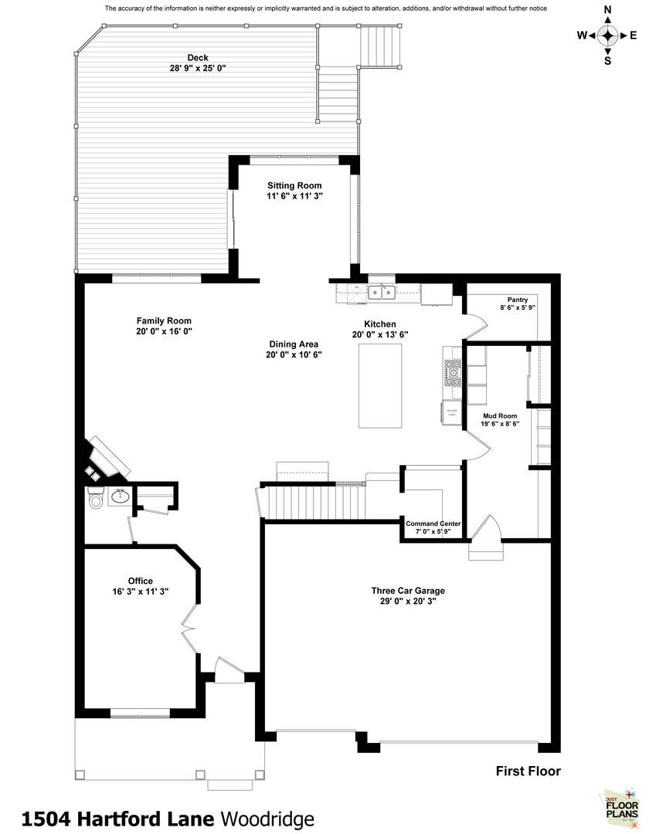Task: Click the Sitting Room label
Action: pos(294,185)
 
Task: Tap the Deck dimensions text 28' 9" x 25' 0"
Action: pos(197,68)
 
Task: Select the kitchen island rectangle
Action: pos(380,386)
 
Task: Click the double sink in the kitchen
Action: pos(381,292)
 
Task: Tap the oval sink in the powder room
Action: pos(120,497)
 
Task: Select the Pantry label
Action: pos(517,300)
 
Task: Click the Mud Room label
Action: pos(501,415)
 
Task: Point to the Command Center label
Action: pos(433,524)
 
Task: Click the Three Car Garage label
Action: pos(407,591)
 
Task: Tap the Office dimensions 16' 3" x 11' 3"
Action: pos(141,591)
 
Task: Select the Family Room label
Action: pos(164,321)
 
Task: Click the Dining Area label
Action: pos(294,344)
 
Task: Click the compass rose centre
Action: pos(608,36)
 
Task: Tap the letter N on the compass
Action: pos(608,10)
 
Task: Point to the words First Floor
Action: pos(528,771)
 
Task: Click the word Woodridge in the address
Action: pos(267,818)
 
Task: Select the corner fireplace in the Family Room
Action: pos(107,458)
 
